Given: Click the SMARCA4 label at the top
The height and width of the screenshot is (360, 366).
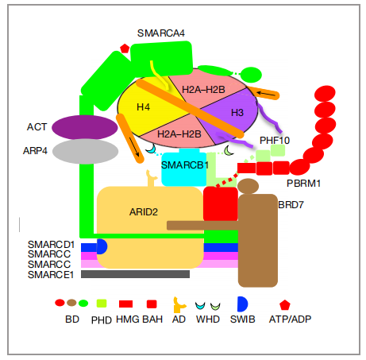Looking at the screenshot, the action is pyautogui.click(x=160, y=33).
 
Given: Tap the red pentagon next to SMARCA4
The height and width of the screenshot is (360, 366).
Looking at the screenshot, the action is pyautogui.click(x=125, y=48).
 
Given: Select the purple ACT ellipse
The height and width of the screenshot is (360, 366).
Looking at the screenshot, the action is pyautogui.click(x=85, y=127).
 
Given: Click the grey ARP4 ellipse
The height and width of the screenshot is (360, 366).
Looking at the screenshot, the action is pyautogui.click(x=85, y=151).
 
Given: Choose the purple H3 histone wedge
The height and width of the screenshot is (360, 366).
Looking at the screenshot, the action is pyautogui.click(x=233, y=114).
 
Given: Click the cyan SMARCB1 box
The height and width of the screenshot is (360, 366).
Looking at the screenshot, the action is pyautogui.click(x=184, y=168).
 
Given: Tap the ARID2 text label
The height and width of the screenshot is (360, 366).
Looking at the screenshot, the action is pyautogui.click(x=144, y=212).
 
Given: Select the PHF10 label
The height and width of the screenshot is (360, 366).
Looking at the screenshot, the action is pyautogui.click(x=275, y=141).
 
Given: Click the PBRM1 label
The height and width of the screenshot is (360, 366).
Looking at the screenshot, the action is pyautogui.click(x=303, y=184).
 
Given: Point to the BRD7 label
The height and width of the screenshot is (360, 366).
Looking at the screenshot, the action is pyautogui.click(x=291, y=205).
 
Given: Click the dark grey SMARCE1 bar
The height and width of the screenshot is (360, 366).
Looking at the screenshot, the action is pyautogui.click(x=135, y=274).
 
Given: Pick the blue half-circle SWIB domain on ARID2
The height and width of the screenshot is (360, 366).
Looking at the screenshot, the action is pyautogui.click(x=102, y=246).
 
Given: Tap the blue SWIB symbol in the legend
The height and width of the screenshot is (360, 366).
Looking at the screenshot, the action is pyautogui.click(x=242, y=304).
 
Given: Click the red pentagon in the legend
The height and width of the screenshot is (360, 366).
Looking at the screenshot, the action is pyautogui.click(x=285, y=305).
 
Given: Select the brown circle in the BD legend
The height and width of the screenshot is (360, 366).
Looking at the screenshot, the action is pyautogui.click(x=71, y=303).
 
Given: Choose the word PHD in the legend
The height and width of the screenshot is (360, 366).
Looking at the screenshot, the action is pyautogui.click(x=102, y=320).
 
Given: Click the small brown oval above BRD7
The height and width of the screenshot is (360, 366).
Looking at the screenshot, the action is pyautogui.click(x=248, y=186).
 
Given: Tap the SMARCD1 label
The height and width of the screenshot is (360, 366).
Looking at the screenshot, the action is pyautogui.click(x=51, y=244).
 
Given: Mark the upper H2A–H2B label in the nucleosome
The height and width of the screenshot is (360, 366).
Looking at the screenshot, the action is pyautogui.click(x=203, y=90).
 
